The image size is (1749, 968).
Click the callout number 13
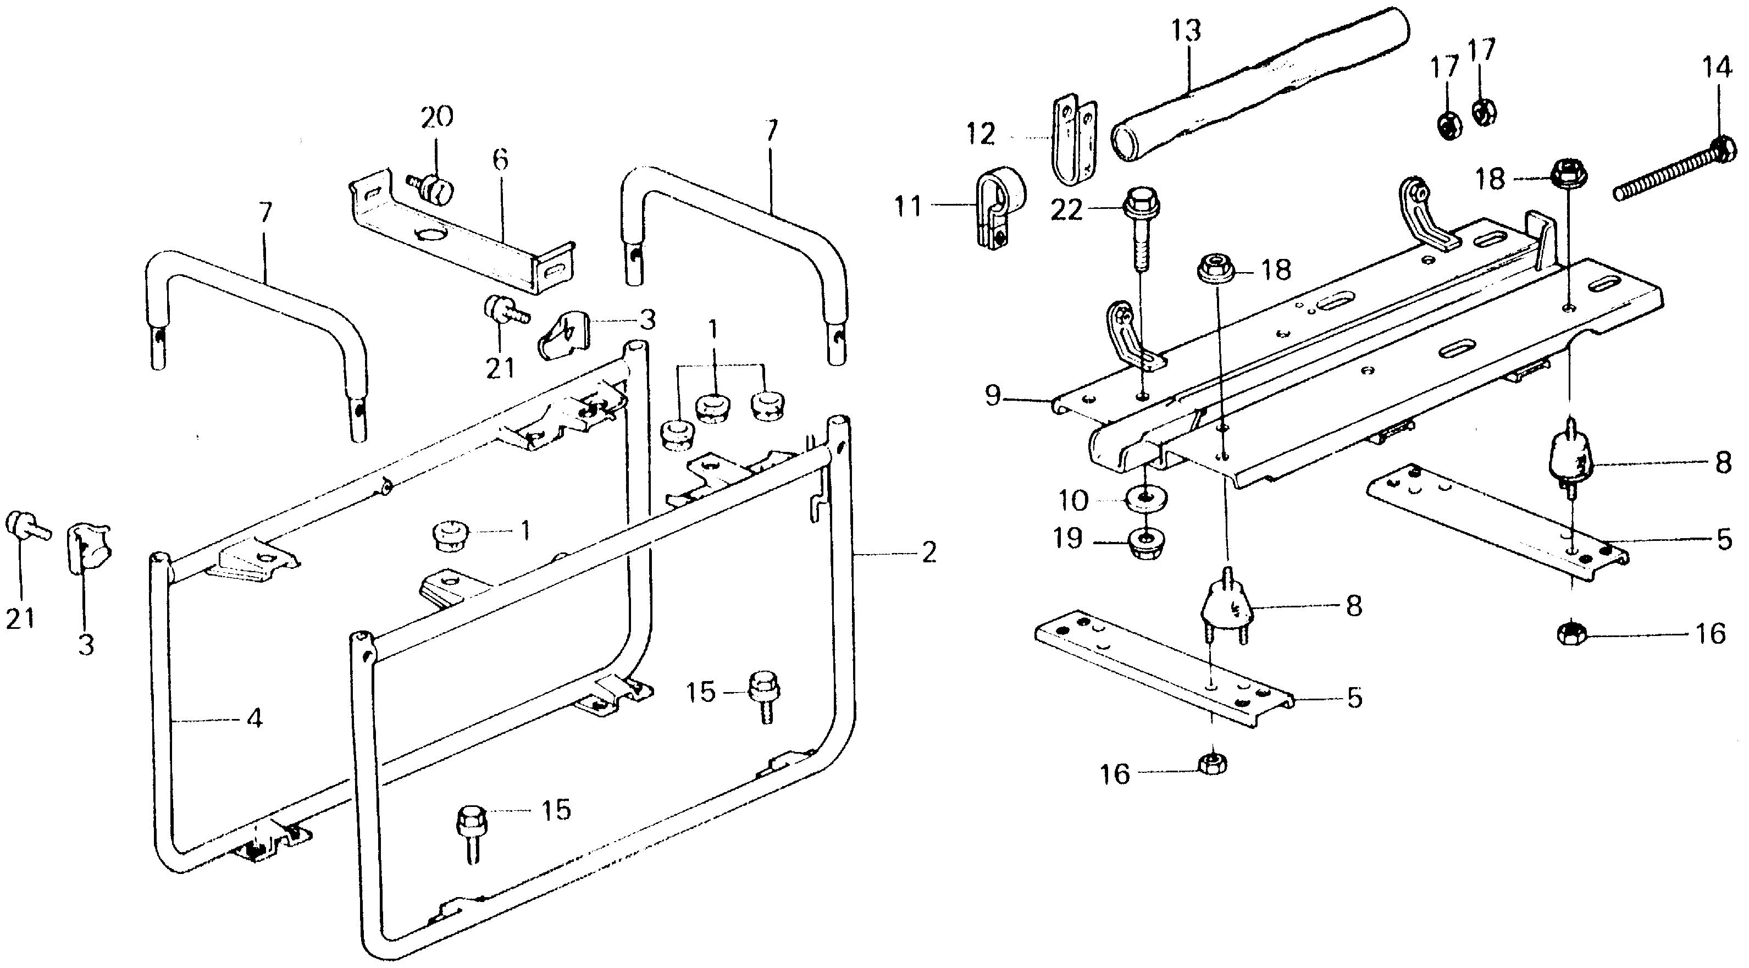pos(1187,32)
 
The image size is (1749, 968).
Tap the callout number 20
pos(436,118)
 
